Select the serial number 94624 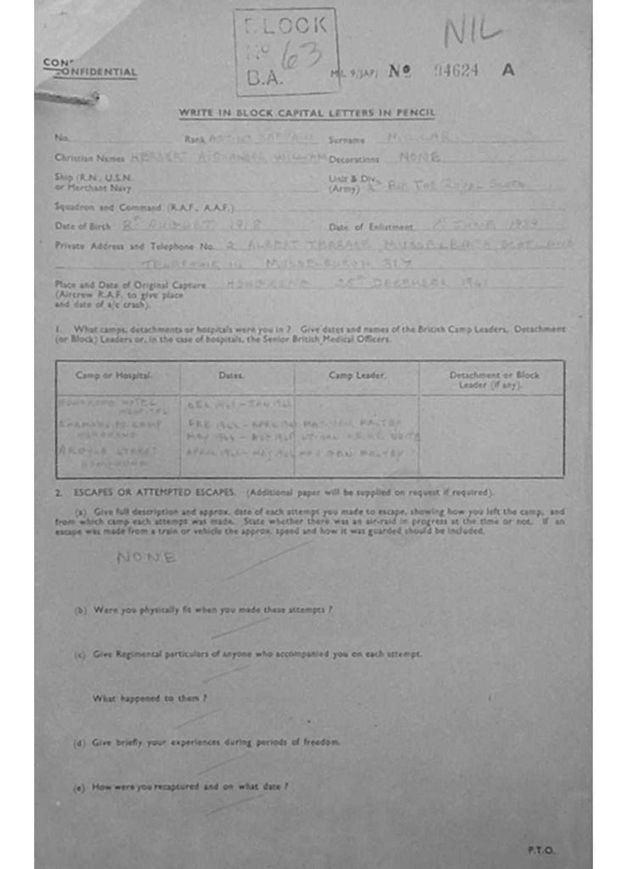(456, 70)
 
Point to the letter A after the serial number (508, 70)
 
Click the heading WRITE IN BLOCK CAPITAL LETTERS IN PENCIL (306, 113)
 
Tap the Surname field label (346, 139)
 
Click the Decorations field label (354, 158)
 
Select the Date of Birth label (80, 227)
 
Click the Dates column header (231, 374)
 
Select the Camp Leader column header (356, 374)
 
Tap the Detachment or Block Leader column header (494, 378)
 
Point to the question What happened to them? (149, 698)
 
